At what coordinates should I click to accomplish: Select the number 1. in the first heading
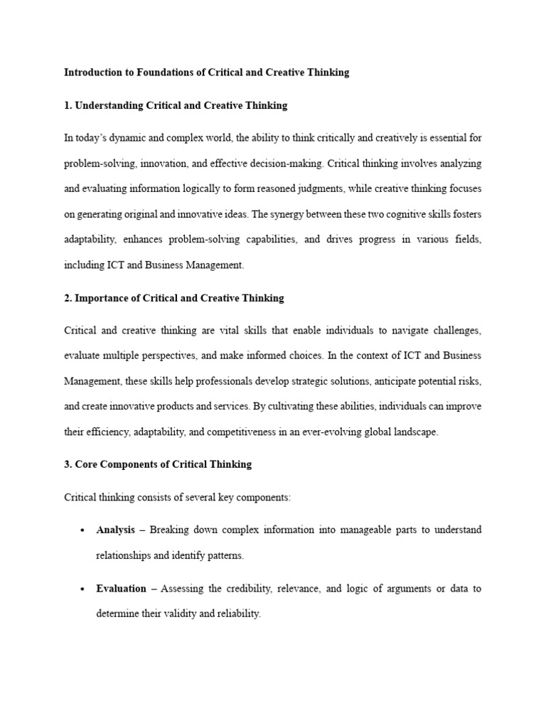(68, 105)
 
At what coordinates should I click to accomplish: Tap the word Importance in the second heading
(100, 298)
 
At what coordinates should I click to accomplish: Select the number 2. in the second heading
(68, 298)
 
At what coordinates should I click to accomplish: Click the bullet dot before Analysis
(83, 530)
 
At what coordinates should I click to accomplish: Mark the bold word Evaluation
(121, 589)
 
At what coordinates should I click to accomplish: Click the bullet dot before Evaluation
(83, 589)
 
